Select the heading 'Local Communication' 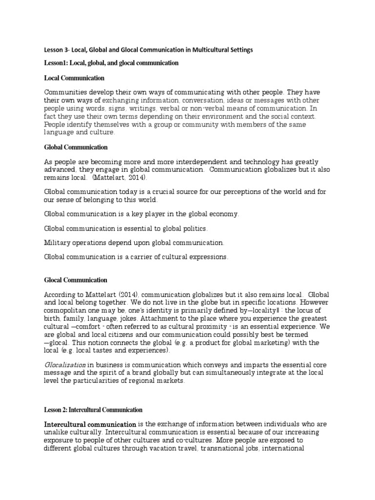74,78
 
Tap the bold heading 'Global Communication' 76,147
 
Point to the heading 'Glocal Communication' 76,280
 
